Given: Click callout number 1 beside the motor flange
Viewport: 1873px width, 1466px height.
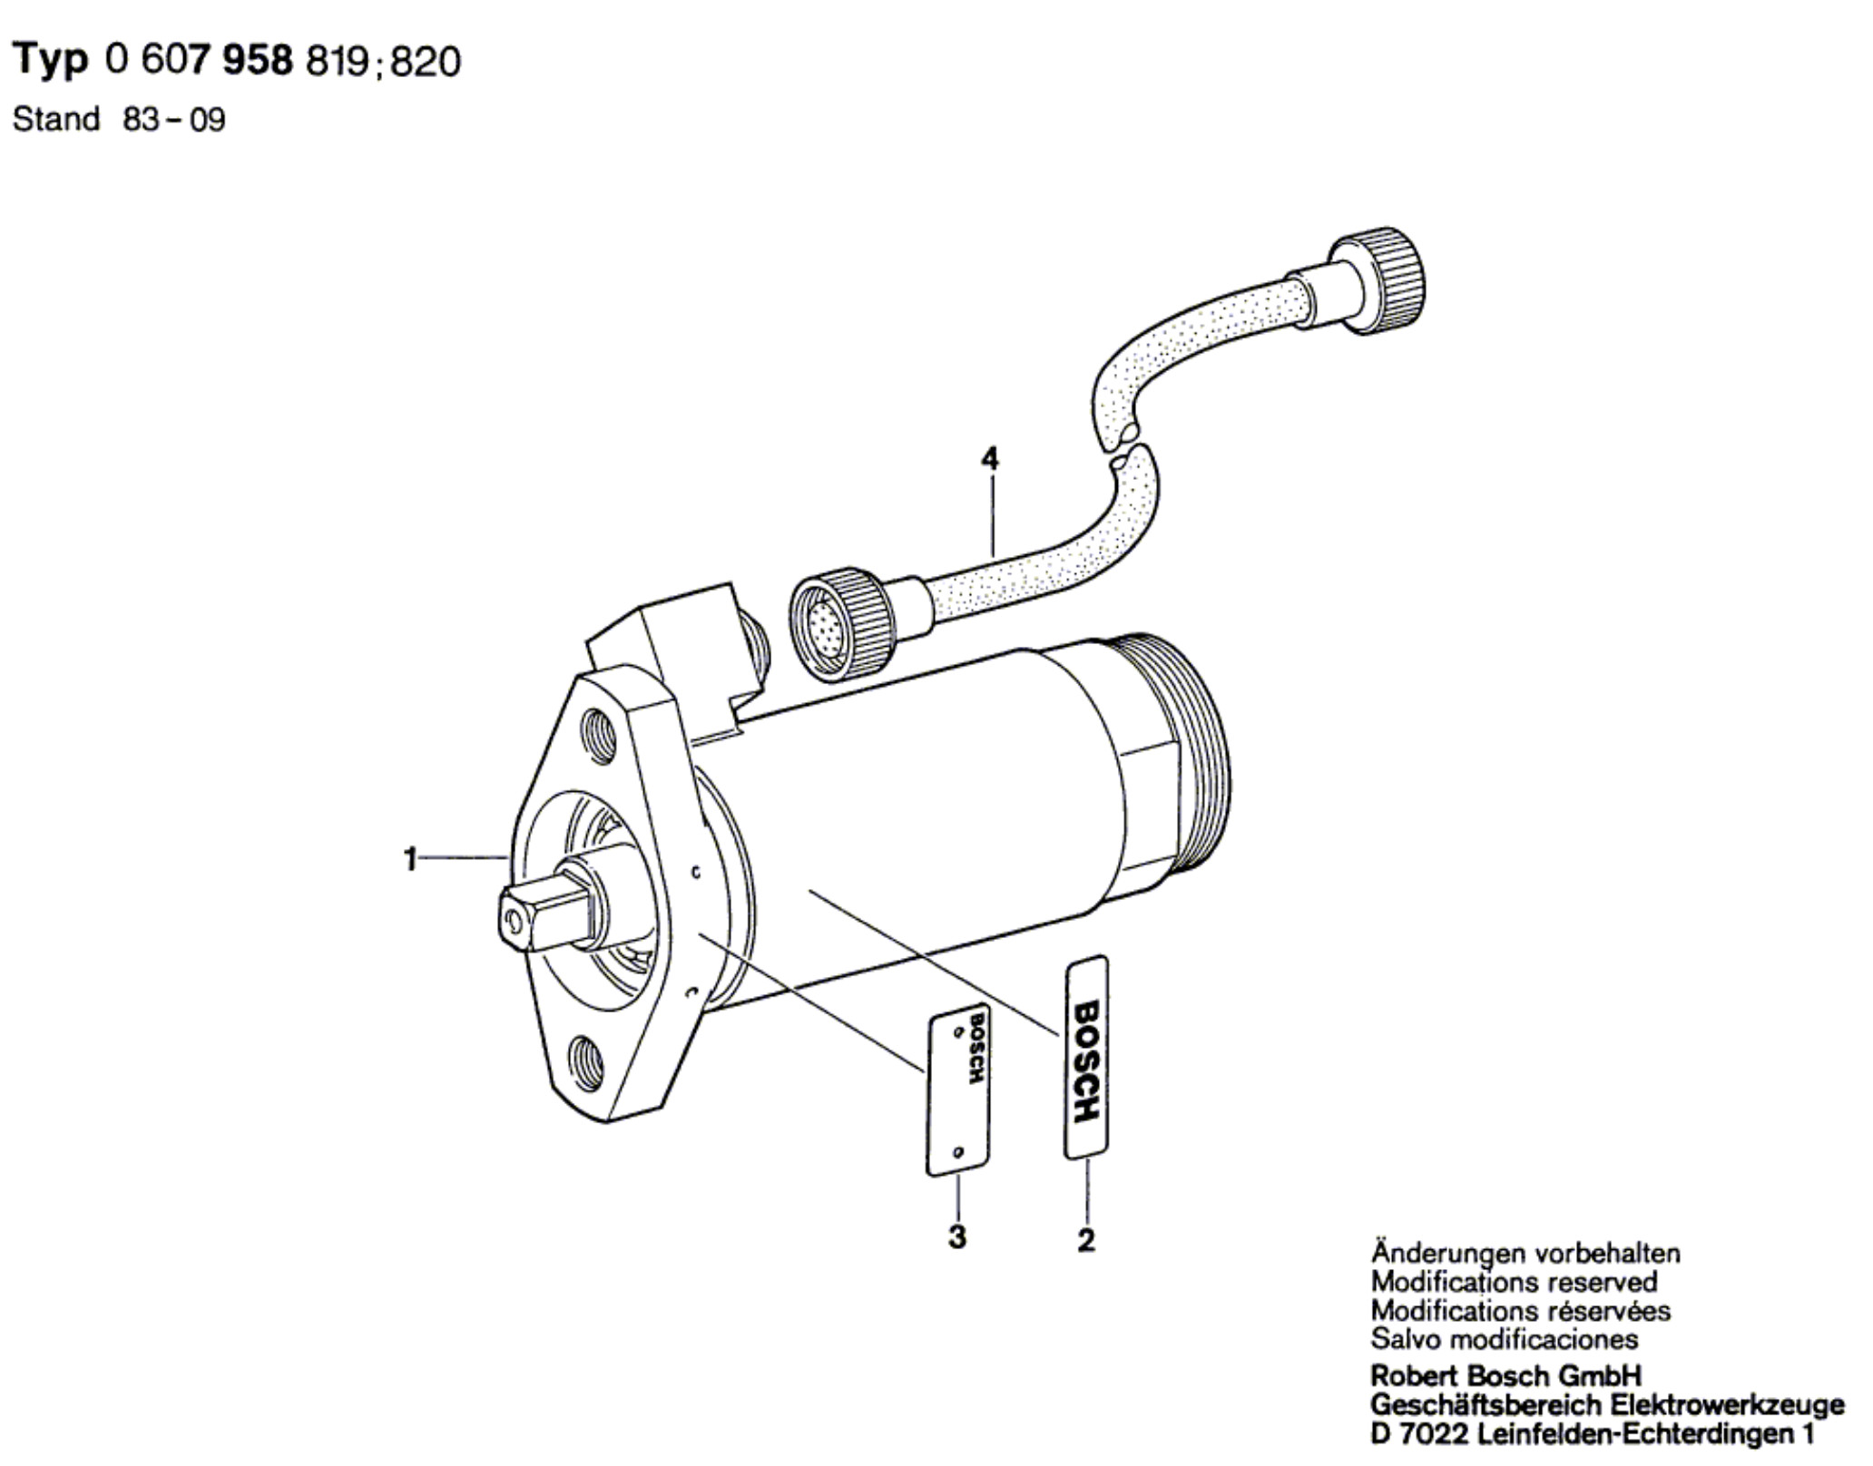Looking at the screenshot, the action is pyautogui.click(x=410, y=858).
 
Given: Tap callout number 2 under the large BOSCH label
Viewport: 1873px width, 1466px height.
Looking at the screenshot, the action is pyautogui.click(x=1086, y=1239).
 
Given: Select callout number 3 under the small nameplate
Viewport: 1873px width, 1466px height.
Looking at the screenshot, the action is pyautogui.click(x=957, y=1236).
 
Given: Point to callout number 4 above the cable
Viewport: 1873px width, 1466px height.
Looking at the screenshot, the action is pyautogui.click(x=990, y=459).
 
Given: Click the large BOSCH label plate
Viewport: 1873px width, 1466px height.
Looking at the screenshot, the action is pyautogui.click(x=1086, y=1057).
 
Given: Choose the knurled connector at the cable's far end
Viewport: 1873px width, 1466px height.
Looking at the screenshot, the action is pyautogui.click(x=1377, y=279).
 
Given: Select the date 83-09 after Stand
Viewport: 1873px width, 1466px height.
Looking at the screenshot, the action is pyautogui.click(x=173, y=120).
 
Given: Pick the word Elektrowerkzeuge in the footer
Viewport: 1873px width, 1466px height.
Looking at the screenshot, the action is pyautogui.click(x=1727, y=1405).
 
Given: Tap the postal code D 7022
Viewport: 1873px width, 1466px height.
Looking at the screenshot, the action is pyautogui.click(x=1421, y=1434).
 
